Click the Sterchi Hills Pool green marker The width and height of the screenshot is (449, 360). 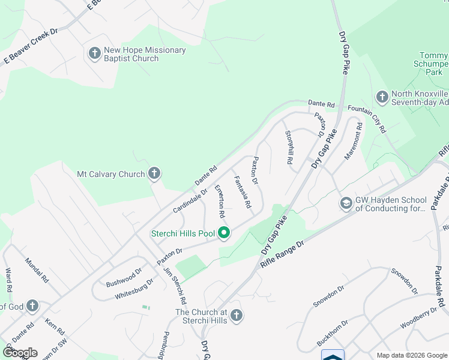pos(224,233)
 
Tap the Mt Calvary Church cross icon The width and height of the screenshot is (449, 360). pos(154,175)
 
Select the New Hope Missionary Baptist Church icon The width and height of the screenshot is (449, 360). pos(94,54)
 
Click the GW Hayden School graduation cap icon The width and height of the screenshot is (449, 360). pos(346,204)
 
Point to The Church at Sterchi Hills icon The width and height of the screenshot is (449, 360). pos(237,316)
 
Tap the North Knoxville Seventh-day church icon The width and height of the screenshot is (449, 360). pos(382,97)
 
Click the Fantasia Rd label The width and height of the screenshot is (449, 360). pos(243,192)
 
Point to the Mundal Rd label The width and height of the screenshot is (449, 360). pos(35,271)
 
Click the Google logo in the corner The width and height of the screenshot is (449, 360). pos(20,353)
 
